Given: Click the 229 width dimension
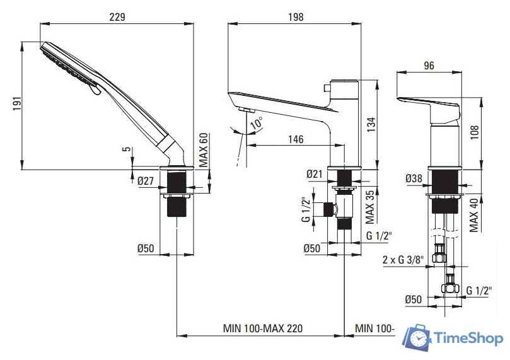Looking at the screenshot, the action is coord(117,16).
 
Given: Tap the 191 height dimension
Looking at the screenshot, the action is coord(17,103).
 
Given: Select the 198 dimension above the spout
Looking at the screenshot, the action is coord(296,16).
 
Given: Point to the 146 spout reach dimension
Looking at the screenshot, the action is coord(296,139).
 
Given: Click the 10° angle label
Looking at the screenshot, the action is coord(257,123).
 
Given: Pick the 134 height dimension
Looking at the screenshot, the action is coord(371,124).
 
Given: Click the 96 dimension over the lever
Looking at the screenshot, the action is coord(429,66).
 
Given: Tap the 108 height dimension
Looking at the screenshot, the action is coord(474,132).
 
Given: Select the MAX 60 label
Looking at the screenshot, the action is coord(203,150).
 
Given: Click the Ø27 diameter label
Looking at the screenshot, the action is coord(146,180).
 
